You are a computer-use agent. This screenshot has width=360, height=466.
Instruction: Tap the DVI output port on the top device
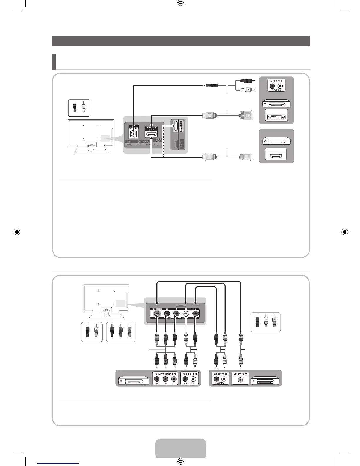pyautogui.click(x=276, y=117)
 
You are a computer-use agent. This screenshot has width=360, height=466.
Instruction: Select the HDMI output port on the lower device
pyautogui.click(x=276, y=155)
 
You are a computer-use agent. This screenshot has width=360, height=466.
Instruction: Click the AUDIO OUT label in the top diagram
pyautogui.click(x=276, y=81)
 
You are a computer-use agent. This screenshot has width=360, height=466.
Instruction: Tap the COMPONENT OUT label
pyautogui.click(x=165, y=374)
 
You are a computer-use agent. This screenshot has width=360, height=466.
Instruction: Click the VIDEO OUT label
pyautogui.click(x=240, y=374)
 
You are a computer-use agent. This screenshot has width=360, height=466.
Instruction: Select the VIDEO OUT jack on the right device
pyautogui.click(x=241, y=380)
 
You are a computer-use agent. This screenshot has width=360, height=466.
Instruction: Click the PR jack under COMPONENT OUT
pyautogui.click(x=157, y=380)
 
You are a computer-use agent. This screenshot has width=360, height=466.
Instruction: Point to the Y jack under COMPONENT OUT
pyautogui.click(x=174, y=380)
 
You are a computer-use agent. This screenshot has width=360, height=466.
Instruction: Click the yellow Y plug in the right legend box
pyautogui.click(x=274, y=321)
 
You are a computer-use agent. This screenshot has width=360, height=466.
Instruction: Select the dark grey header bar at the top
pyautogui.click(x=181, y=41)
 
